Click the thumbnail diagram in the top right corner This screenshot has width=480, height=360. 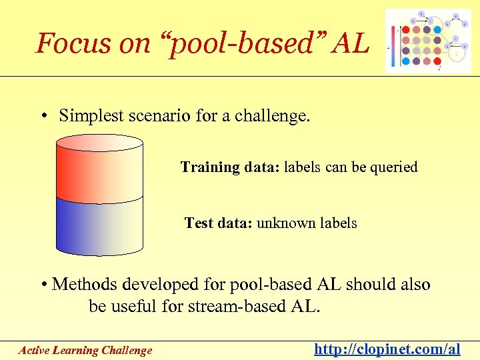[x=423, y=41]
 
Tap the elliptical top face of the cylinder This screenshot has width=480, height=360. [x=99, y=143]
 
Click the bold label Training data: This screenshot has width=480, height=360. [x=230, y=167]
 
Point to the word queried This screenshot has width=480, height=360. [x=393, y=167]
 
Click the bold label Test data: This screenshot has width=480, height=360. [x=218, y=223]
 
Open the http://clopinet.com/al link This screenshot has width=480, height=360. [x=387, y=349]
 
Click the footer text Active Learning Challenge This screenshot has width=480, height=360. [x=85, y=350]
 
